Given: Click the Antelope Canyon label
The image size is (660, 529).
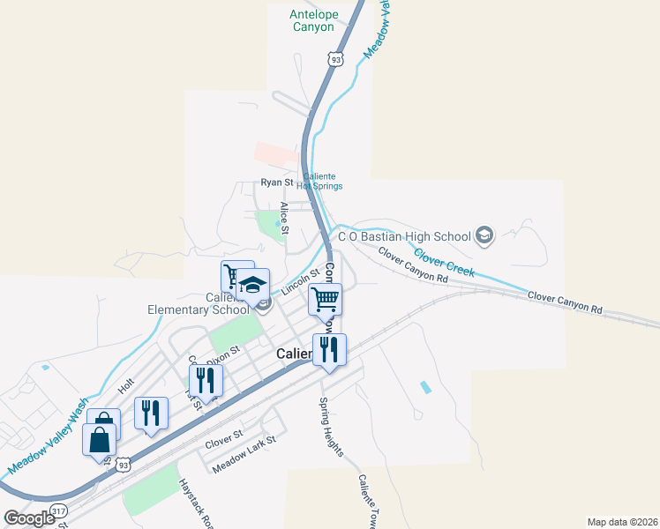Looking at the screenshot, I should pyautogui.click(x=312, y=20).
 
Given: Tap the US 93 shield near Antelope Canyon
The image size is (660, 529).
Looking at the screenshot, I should pyautogui.click(x=334, y=58).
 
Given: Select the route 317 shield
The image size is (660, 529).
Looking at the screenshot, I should pyautogui.click(x=59, y=510).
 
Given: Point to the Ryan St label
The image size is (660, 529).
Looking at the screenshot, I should pyautogui.click(x=275, y=183).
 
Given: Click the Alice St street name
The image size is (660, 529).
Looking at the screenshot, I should pyautogui.click(x=284, y=216).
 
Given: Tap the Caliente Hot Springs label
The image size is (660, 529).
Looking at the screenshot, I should pyautogui.click(x=318, y=182).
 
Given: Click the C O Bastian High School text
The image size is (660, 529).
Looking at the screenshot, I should pyautogui.click(x=405, y=236).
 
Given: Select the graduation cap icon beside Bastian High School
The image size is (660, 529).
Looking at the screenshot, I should pyautogui.click(x=484, y=235).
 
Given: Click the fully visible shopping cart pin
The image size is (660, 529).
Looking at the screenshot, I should pyautogui.click(x=325, y=300).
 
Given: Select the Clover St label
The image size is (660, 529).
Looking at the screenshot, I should pyautogui.click(x=223, y=436).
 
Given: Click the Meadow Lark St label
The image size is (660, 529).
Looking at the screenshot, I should pyautogui.click(x=244, y=457).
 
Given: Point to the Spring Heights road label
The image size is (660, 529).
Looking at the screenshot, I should pyautogui.click(x=332, y=426).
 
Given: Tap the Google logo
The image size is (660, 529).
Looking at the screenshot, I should pyautogui.click(x=29, y=518).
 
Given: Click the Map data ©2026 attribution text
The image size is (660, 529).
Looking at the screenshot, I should pyautogui.click(x=621, y=522).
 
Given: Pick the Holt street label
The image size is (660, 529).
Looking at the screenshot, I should pyautogui.click(x=125, y=385).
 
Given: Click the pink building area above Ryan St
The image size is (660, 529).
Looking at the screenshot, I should pyautogui.click(x=277, y=153).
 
